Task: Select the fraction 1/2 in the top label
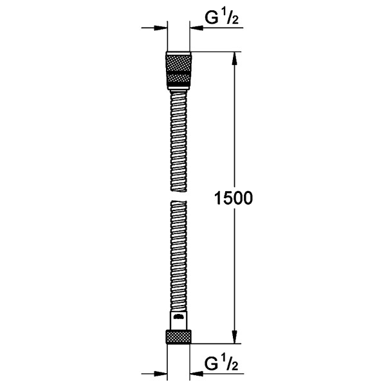[x=231, y=18]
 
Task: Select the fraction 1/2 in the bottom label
[x=231, y=364]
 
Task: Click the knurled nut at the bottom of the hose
[x=178, y=337]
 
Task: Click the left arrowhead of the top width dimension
[x=160, y=28]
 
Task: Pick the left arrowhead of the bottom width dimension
[x=160, y=374]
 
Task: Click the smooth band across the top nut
[x=178, y=71]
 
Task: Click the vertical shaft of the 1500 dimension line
[x=234, y=129]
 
